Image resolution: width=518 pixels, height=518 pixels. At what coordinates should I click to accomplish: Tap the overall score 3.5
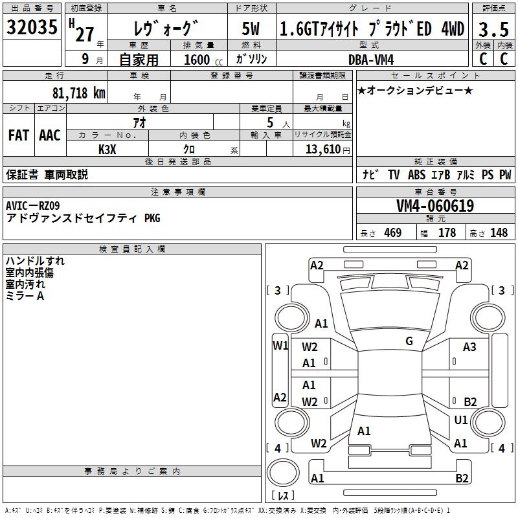click(x=493, y=30)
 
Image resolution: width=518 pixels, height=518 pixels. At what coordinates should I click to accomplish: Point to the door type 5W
click(x=252, y=29)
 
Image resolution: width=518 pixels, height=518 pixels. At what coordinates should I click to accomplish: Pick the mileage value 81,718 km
click(x=78, y=93)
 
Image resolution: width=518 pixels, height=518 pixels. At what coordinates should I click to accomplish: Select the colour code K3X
click(x=107, y=148)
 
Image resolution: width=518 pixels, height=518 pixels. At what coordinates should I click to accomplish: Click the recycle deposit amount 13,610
click(x=322, y=149)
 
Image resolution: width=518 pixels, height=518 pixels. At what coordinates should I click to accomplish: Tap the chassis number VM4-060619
click(x=435, y=207)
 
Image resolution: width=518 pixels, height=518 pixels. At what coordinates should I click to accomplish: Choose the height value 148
click(x=499, y=233)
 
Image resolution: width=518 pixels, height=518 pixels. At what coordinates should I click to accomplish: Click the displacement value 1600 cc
click(x=201, y=60)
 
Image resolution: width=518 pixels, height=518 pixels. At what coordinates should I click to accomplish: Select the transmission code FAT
click(x=18, y=135)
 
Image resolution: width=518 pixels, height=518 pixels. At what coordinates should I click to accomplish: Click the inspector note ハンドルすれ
click(x=35, y=261)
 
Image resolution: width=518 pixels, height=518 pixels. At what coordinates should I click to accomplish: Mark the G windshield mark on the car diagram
click(x=409, y=341)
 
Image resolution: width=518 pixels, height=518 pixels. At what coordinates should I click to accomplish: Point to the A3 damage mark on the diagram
click(x=469, y=347)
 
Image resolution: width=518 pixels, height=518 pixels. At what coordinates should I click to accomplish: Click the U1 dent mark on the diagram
click(x=461, y=420)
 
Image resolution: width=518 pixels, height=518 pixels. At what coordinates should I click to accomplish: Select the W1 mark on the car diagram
click(x=280, y=346)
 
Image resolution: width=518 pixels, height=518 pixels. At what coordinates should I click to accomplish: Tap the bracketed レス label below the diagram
click(x=282, y=496)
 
